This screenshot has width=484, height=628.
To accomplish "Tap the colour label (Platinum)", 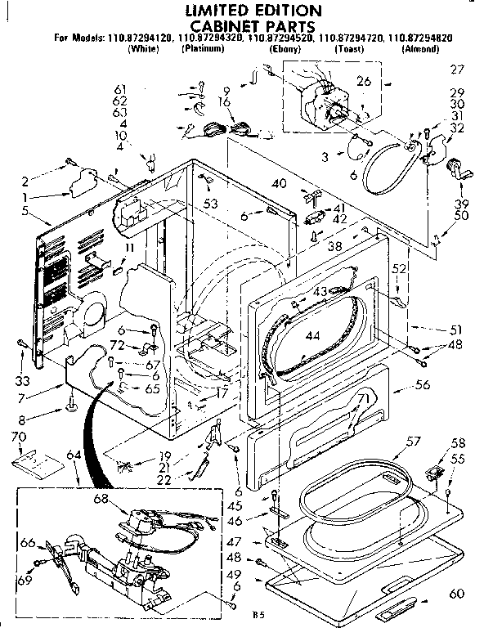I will [x=203, y=49].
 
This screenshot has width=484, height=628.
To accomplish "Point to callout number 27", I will [x=456, y=70].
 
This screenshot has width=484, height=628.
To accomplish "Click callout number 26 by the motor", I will [x=364, y=80].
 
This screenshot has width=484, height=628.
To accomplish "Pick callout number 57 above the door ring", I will [x=414, y=442].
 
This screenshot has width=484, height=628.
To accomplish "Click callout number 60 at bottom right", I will [x=457, y=593].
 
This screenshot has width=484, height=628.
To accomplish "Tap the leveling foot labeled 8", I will [x=73, y=403].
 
